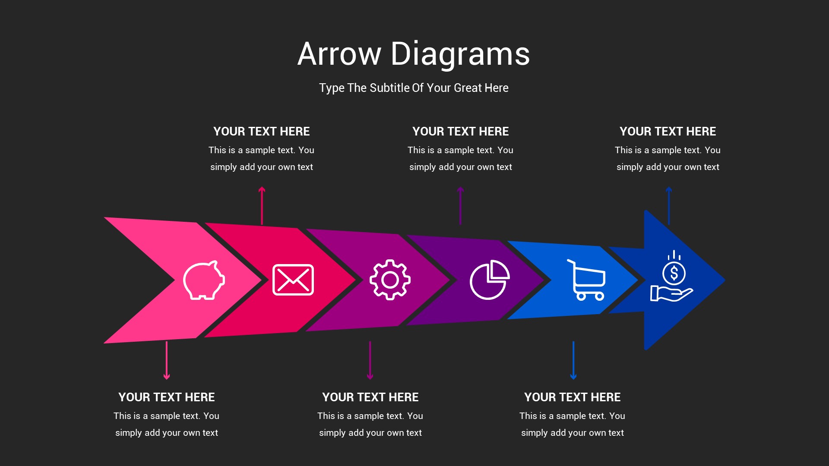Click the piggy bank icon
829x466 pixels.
coord(203,280)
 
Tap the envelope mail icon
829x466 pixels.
coord(293,280)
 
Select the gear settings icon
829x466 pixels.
coord(390,280)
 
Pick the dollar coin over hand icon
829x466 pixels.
coord(672,276)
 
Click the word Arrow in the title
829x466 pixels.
coord(339,54)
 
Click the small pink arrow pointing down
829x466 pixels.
coord(167,361)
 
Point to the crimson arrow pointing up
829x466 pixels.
coord(262,205)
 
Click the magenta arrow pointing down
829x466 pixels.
coord(370,361)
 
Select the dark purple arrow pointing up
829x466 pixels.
coord(460,205)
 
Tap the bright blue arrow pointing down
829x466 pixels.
coord(573,361)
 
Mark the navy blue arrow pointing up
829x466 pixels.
coord(669,205)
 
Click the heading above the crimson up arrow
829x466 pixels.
coord(262,132)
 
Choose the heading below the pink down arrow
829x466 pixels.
coord(167,397)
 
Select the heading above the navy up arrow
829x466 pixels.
coord(668,132)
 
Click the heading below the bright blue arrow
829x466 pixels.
coord(573,397)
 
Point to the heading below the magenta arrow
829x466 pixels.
coord(370,397)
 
